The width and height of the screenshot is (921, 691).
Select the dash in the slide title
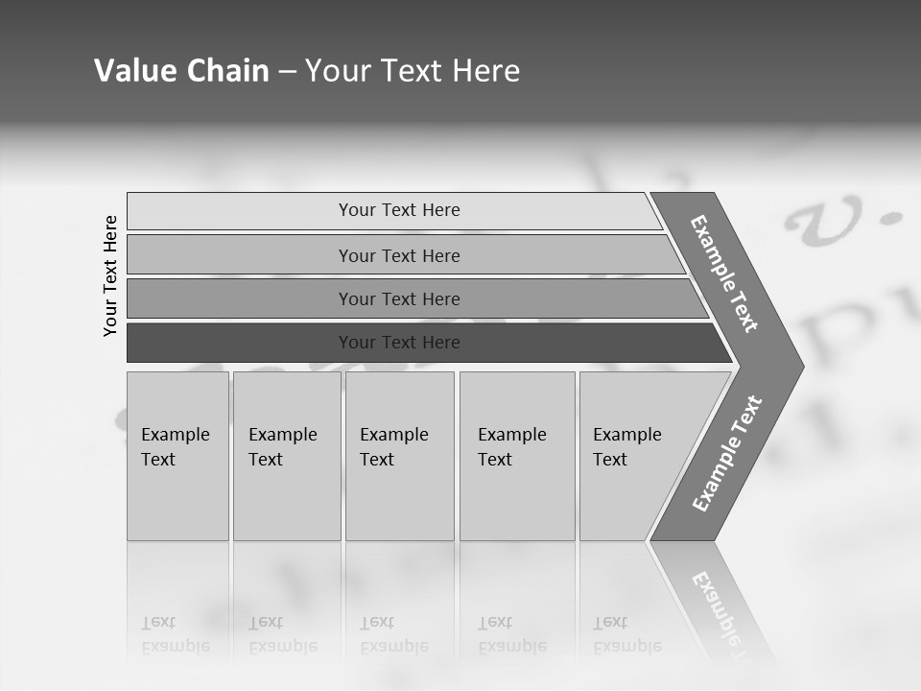coord(287,72)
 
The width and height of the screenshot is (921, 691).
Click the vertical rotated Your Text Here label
coord(110,275)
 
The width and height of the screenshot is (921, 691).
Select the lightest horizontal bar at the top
coord(398,210)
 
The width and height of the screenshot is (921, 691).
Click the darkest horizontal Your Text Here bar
coord(398,343)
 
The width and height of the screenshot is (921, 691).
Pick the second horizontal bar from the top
coord(398,255)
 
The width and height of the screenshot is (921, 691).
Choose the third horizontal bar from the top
coord(398,298)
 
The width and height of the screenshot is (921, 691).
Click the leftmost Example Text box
coord(177,455)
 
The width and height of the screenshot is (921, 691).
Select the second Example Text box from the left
coord(286,455)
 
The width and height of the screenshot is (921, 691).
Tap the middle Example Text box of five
coord(399,455)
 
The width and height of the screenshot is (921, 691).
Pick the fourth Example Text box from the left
coord(517,455)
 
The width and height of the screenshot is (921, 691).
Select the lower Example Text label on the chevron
coord(726,454)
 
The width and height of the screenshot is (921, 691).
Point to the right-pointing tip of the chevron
coord(798,366)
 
